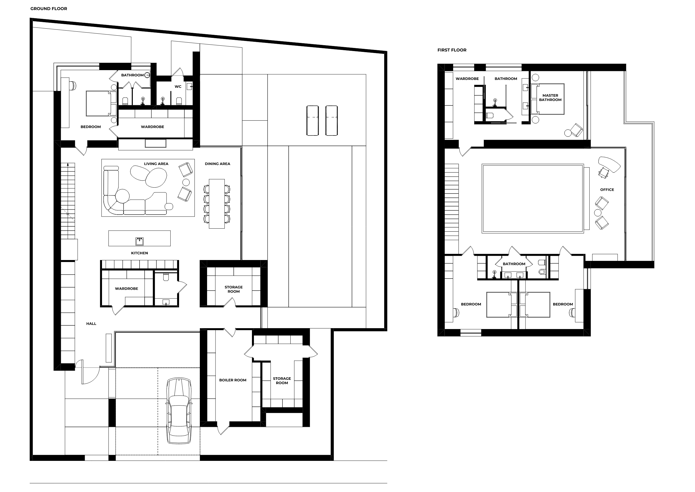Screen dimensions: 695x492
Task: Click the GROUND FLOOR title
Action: coord(49,9)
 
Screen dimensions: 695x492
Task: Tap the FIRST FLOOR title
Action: coord(452,50)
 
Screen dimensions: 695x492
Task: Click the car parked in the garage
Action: coord(179,411)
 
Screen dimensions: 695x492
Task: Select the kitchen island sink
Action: coord(139,241)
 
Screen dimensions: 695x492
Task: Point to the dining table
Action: coord(217,204)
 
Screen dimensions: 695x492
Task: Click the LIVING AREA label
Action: coord(156,164)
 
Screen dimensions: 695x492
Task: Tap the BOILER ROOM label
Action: coord(233,380)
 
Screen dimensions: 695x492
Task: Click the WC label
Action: coord(178,87)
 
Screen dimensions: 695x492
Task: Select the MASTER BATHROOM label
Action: coord(550,98)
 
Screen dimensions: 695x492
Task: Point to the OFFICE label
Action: coord(607,190)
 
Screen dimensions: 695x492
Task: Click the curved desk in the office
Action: coord(609,164)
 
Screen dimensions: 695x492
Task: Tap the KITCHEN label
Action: coord(139,253)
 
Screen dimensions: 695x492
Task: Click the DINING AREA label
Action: coord(217,164)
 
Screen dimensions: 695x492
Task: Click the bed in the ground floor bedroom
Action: coord(101,103)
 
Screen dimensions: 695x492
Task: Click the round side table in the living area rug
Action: coord(186,182)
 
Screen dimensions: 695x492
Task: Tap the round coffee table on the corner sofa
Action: coord(122,196)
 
